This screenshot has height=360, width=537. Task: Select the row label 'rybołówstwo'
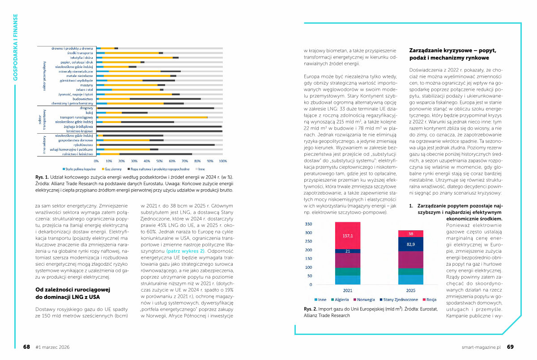click(81, 145)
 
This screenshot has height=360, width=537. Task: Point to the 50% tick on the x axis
click(160, 161)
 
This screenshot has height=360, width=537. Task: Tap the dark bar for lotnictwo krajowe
click(159, 131)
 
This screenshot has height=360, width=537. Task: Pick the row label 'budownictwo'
click(81, 99)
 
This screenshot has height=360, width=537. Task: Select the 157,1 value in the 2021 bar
click(348, 236)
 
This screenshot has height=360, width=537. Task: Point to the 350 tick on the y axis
click(309, 224)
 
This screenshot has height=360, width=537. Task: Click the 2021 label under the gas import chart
click(348, 290)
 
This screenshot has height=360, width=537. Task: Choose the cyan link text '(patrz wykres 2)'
click(185, 252)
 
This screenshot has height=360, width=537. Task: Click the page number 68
click(26, 347)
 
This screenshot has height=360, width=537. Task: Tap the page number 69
click(510, 347)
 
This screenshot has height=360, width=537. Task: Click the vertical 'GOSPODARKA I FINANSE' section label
click(16, 47)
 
